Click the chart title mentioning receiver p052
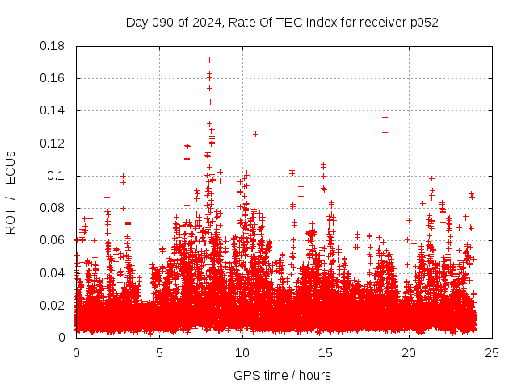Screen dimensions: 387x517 pos(282,22)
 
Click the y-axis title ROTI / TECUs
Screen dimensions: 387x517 pos(11,192)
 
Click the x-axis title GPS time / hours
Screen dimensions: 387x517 pos(282,375)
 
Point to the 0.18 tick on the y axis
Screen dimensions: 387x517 pos(53,46)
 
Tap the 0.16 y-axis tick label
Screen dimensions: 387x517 pos(53,78)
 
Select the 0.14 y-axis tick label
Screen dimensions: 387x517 pos(53,110)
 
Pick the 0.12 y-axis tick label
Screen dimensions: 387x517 pos(53,144)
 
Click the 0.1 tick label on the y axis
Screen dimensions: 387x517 pos(57,176)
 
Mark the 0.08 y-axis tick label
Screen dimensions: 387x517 pos(53,208)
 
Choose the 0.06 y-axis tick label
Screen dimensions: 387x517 pos(53,240)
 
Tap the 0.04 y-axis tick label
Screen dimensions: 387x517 pos(53,273)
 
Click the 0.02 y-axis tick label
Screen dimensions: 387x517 pos(53,305)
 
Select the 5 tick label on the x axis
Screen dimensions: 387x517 pos(159,352)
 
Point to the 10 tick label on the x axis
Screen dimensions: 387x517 pos(242,352)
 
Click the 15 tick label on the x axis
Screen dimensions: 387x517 pos(326,352)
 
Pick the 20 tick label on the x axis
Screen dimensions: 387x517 pos(409,352)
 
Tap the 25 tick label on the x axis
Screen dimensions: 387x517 pos(492,352)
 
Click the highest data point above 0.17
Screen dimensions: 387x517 pos(209,60)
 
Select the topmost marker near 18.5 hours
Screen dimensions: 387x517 pos(385,117)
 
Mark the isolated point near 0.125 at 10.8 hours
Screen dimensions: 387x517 pos(255,134)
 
